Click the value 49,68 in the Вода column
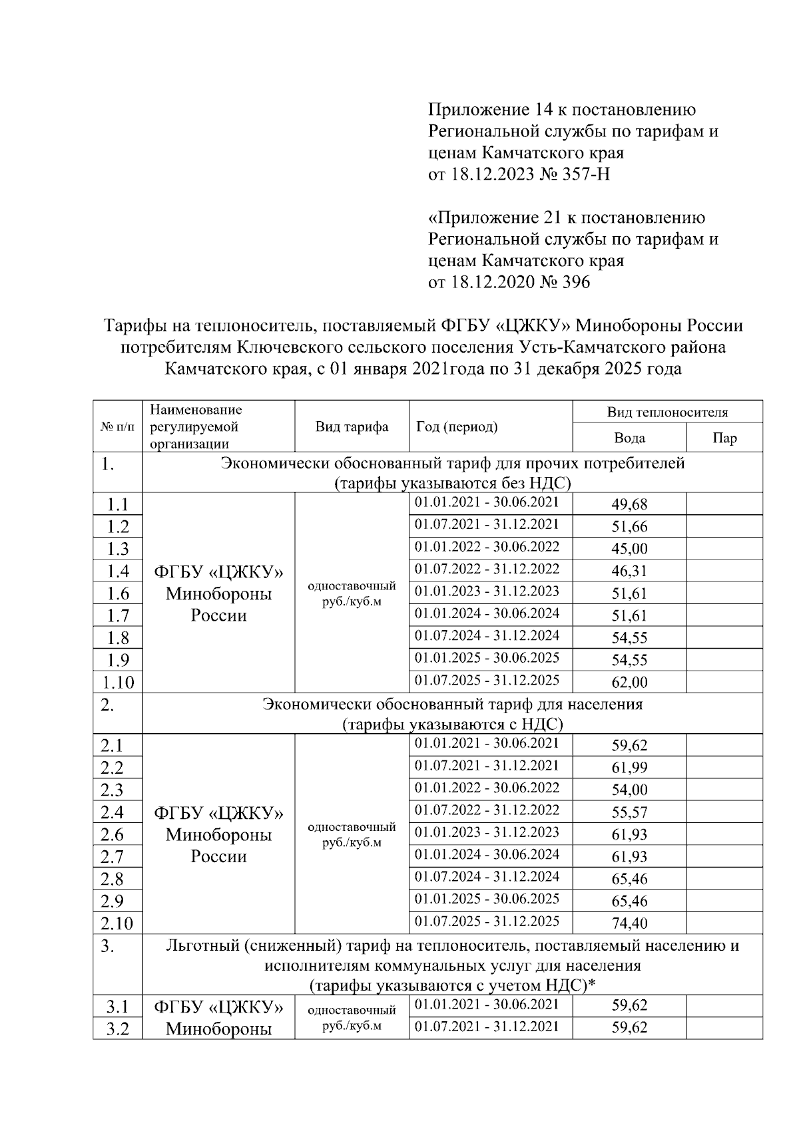pyautogui.click(x=629, y=504)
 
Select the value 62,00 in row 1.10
pyautogui.click(x=629, y=682)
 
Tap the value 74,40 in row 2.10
pyautogui.click(x=629, y=923)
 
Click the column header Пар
pyautogui.click(x=724, y=438)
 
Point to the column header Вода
pyautogui.click(x=629, y=438)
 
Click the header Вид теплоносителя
pyautogui.click(x=667, y=412)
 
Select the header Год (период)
pyautogui.click(x=457, y=426)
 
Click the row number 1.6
pyautogui.click(x=117, y=593)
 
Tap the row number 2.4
pyautogui.click(x=112, y=812)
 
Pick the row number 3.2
pyautogui.click(x=117, y=1029)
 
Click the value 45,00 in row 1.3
pyautogui.click(x=629, y=549)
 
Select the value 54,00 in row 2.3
pyautogui.click(x=629, y=790)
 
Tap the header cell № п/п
pyautogui.click(x=117, y=426)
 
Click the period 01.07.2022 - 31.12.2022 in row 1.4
pyautogui.click(x=487, y=569)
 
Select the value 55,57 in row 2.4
pyautogui.click(x=629, y=812)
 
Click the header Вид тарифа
pyautogui.click(x=352, y=426)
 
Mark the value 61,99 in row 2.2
pyautogui.click(x=629, y=768)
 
